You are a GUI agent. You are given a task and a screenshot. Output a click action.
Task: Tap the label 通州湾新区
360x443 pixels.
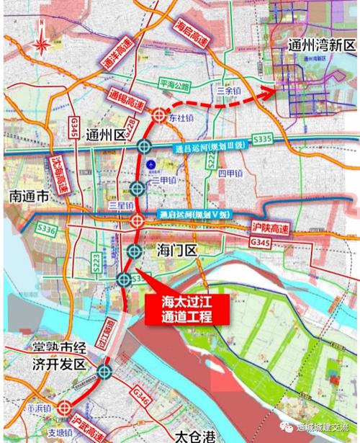coord(312,45)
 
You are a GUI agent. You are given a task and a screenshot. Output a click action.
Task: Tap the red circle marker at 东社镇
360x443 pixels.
coord(160,113)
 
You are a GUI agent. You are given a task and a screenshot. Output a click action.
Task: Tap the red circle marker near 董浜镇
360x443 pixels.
coord(63,407)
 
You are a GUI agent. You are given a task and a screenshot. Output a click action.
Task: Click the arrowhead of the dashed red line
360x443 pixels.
coord(271,91)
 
